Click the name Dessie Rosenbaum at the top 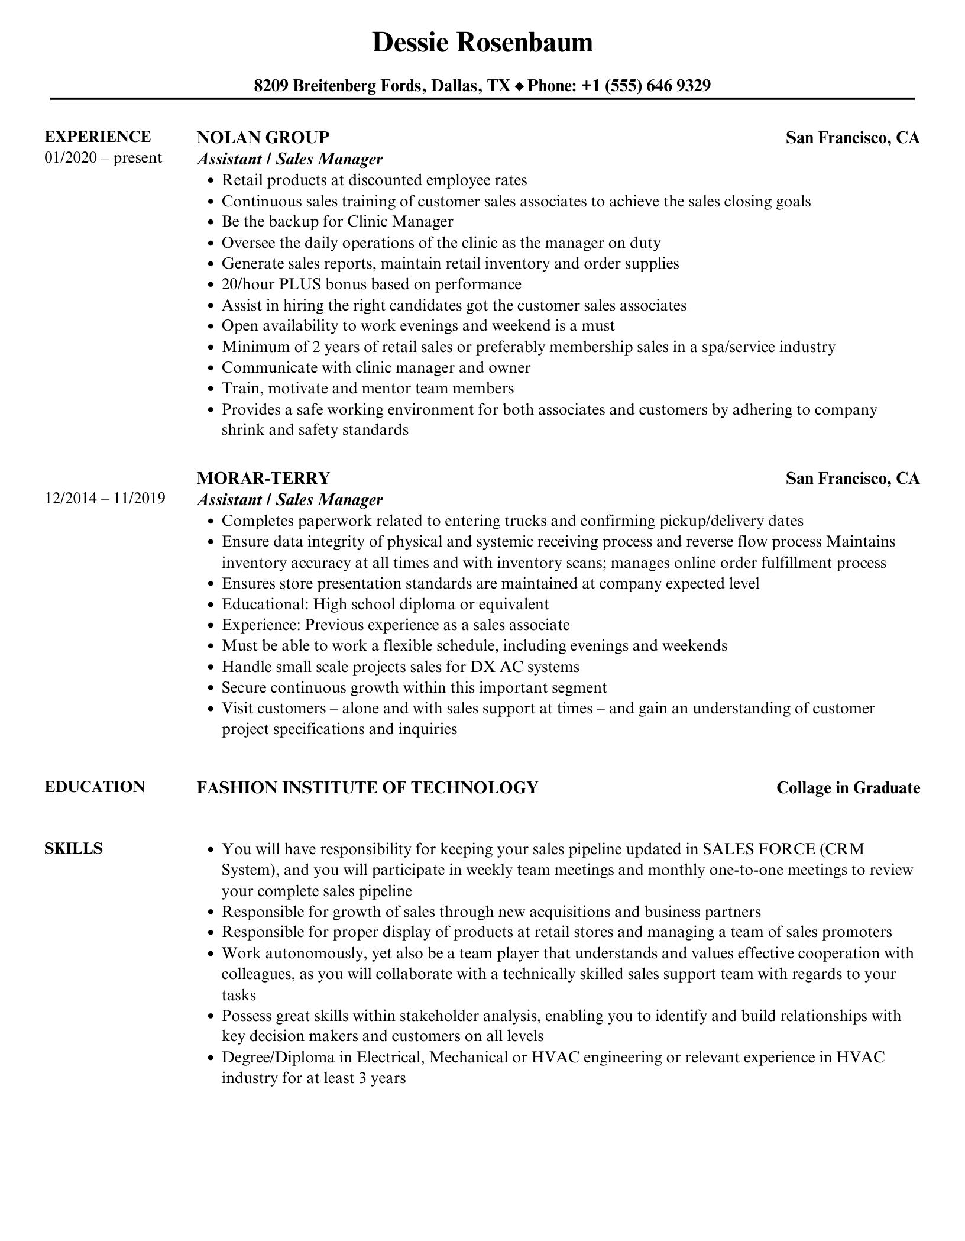[482, 43]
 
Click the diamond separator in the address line [519, 86]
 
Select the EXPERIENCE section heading [98, 137]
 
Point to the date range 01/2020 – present [103, 158]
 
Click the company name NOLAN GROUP [263, 137]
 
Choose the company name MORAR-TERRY [263, 478]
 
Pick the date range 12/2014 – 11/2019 [105, 499]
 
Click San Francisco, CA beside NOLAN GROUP [852, 138]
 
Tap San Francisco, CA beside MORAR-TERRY [852, 479]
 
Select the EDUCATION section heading [95, 787]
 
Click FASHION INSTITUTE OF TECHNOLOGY [367, 787]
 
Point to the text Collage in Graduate [847, 788]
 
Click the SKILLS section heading [73, 848]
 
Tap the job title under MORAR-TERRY [290, 500]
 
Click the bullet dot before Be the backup [211, 222]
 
